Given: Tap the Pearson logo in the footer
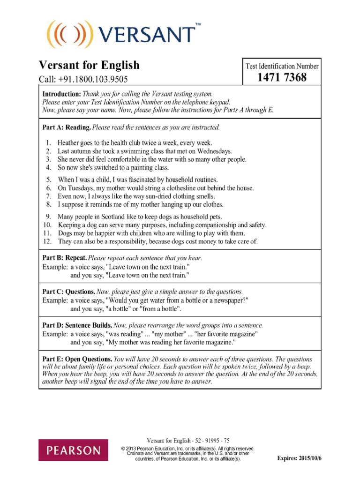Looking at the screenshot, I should (73, 450).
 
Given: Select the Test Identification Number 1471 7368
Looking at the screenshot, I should (282, 77).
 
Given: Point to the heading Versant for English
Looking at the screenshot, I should (89, 65).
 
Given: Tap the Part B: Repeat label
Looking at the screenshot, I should (64, 258).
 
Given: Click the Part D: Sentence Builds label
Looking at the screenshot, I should (77, 325).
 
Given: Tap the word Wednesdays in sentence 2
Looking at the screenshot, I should (214, 151).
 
